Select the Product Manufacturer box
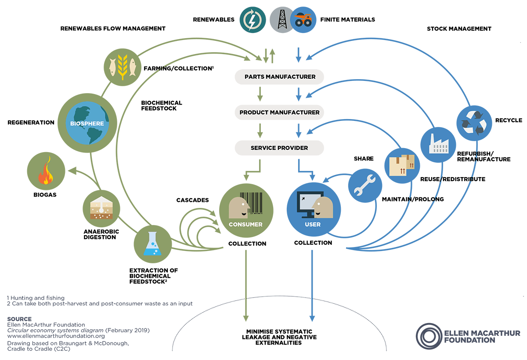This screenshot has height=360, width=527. coord(279,113)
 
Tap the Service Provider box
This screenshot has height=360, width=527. coord(279,148)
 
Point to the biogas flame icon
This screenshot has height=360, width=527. coord(46,172)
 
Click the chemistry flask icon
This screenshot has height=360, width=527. coord(152,244)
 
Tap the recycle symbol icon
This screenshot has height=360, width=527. coord(474,122)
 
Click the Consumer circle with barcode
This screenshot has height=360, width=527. coord(245,210)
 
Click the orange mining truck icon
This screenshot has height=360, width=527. coord(303,20)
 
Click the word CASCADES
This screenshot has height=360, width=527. coord(192,200)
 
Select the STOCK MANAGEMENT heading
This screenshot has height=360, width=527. coord(459,29)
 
